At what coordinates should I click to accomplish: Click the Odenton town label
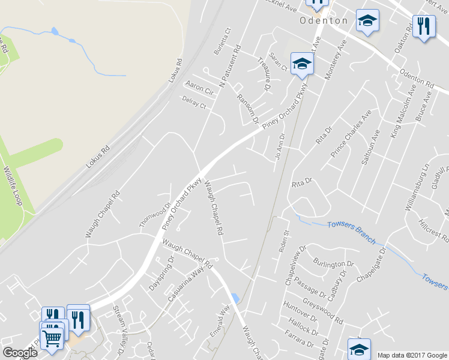coord(324,20)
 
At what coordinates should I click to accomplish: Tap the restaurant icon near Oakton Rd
coord(425,26)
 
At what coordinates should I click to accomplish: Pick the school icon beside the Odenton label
coord(367,21)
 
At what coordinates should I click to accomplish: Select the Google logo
coord(20,352)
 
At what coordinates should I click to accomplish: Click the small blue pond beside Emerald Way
coord(234,298)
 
